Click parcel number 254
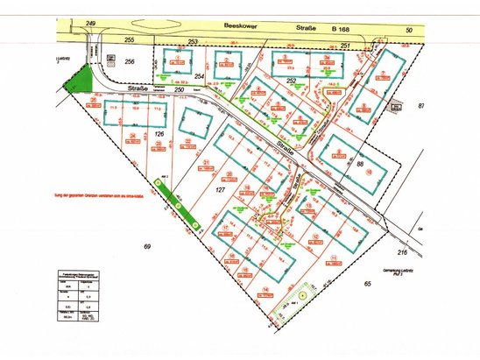click(199, 77)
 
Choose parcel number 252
click(292, 81)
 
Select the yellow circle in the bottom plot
click(301, 297)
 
